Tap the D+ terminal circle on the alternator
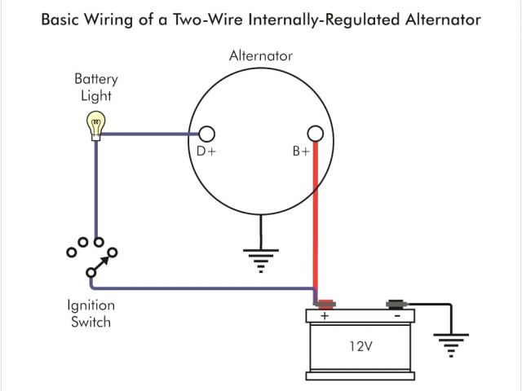[x=206, y=134]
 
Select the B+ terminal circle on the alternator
[x=315, y=134]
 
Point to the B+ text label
[x=301, y=152]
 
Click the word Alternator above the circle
[x=260, y=56]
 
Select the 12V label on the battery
[x=360, y=346]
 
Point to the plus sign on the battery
[x=325, y=315]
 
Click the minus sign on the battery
[x=396, y=315]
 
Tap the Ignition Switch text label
[x=91, y=314]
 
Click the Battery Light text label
[x=96, y=87]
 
